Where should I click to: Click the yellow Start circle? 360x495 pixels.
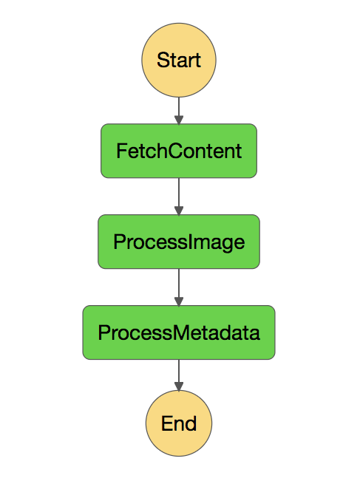coord(179,60)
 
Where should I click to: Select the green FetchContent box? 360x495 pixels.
coord(179,151)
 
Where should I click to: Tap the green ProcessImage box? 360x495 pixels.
coord(179,242)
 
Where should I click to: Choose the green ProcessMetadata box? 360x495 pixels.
coord(179,332)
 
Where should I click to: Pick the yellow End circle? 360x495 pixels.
coord(179,423)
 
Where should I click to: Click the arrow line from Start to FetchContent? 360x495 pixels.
coord(179,111)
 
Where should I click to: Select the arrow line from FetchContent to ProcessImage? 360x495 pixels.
coord(179,197)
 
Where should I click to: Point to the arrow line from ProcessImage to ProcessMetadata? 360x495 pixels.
coord(179,287)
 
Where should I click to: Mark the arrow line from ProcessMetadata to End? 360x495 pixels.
coord(179,375)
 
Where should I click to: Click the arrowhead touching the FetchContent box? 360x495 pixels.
coord(179,120)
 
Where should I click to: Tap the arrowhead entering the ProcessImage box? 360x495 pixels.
coord(179,211)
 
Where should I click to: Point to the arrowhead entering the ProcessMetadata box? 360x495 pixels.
coord(179,301)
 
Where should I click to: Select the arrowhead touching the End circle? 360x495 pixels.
coord(179,386)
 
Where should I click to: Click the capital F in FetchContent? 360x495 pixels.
coord(122,151)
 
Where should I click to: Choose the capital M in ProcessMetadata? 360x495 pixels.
coord(181,332)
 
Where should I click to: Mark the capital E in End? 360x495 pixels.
coord(167,423)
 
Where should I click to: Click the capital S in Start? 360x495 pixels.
coord(163,60)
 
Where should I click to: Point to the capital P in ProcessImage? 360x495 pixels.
coord(120,242)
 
